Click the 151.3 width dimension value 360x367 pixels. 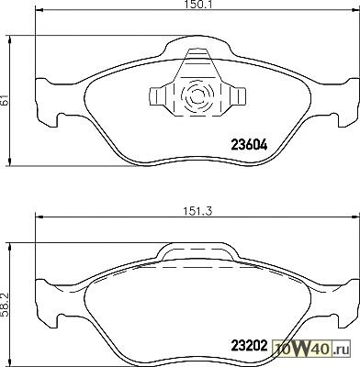pyautogui.click(x=197, y=211)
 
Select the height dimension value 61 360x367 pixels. pyautogui.click(x=5, y=100)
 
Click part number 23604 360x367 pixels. pyautogui.click(x=249, y=145)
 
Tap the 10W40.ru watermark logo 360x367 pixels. pyautogui.click(x=311, y=348)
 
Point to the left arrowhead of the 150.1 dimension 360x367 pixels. pyautogui.click(x=39, y=10)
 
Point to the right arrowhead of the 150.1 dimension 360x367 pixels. pyautogui.click(x=356, y=10)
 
